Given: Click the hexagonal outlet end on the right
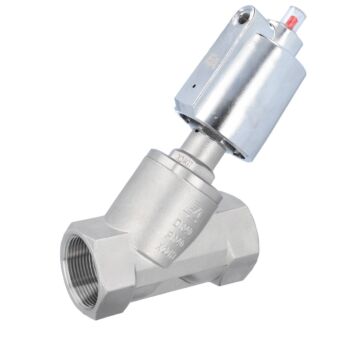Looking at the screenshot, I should click(x=236, y=255).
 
